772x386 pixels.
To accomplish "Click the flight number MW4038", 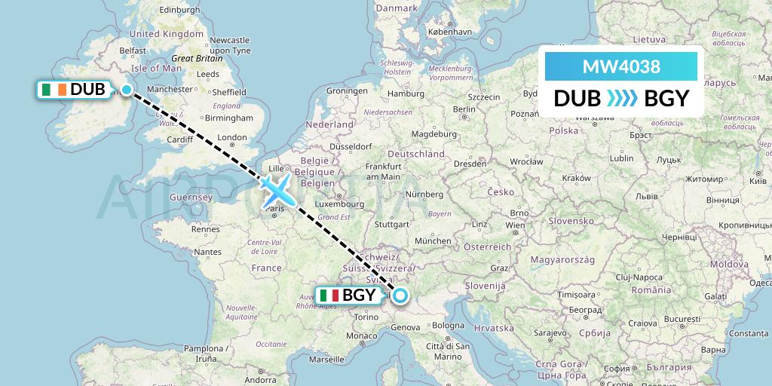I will coord(621,66).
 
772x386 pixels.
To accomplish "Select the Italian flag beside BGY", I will coord(329,296).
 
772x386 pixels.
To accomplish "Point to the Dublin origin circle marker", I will coord(127,90).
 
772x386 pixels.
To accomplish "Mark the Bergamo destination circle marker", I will coord(400,296).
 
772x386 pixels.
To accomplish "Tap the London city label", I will coord(232,137).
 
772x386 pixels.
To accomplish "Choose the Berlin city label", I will coord(465,109).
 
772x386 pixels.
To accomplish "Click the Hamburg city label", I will coord(406,94).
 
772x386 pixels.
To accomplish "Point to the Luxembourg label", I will coord(340,203).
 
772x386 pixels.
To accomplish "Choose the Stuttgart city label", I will coord(391,224).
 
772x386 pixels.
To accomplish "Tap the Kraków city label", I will coord(575,178).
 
